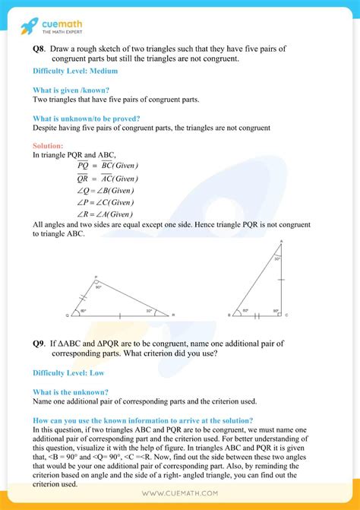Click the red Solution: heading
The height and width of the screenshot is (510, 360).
point(49,145)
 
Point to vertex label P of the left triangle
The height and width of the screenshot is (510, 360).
point(96,277)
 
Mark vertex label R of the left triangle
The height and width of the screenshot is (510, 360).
point(174,314)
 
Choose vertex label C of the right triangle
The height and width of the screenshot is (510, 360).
point(286,314)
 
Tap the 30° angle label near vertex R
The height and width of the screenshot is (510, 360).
point(149,310)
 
